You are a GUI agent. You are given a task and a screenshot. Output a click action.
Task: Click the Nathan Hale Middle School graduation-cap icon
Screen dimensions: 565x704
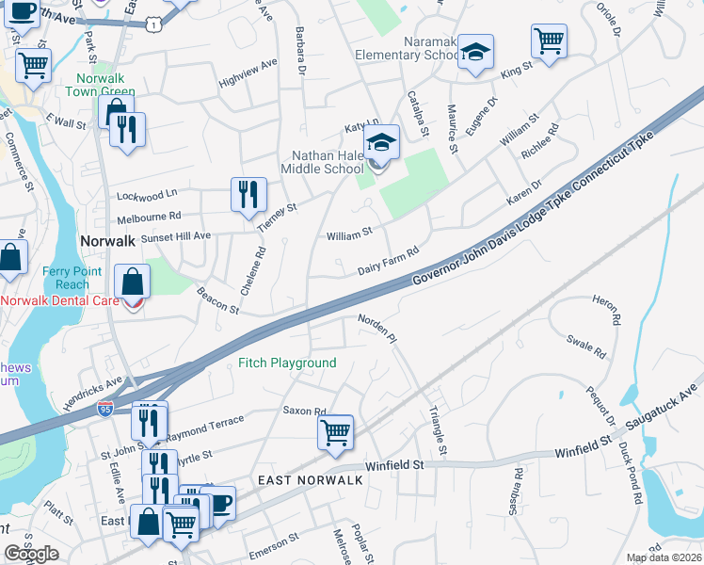coord(382,144)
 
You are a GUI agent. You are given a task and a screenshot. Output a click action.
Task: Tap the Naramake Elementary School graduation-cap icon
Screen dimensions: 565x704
coord(476,52)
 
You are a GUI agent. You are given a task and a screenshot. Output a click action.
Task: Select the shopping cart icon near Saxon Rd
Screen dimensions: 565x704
coord(335,433)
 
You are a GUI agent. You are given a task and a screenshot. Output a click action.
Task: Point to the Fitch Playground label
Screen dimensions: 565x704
coord(286,363)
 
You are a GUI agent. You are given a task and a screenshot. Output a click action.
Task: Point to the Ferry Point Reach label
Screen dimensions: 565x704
coord(66,278)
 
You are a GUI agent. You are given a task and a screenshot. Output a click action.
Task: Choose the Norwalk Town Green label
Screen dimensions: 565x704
coord(100,85)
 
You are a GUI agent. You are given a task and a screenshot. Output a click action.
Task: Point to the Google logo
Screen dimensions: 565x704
coord(32,554)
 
